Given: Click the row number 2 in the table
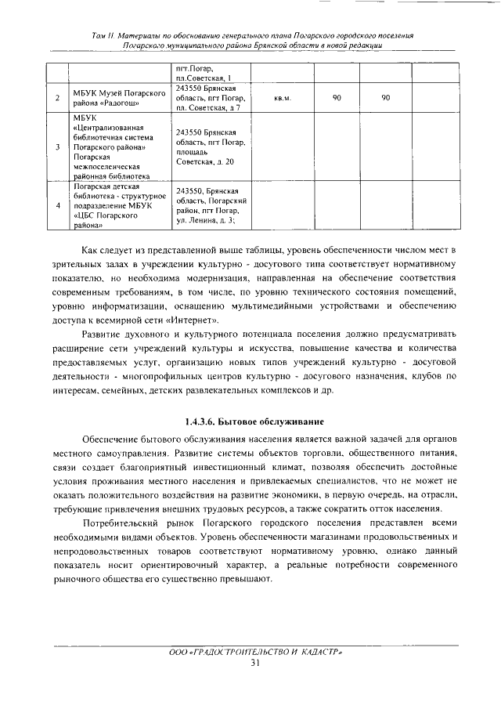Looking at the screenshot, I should click(x=59, y=99).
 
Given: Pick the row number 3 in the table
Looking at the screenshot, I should click(x=59, y=147).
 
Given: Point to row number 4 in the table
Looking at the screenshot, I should click(x=59, y=205).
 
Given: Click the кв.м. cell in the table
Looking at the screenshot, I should click(x=283, y=99).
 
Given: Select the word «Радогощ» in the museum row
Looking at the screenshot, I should click(x=118, y=103).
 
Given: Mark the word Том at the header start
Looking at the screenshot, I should click(x=99, y=36).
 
